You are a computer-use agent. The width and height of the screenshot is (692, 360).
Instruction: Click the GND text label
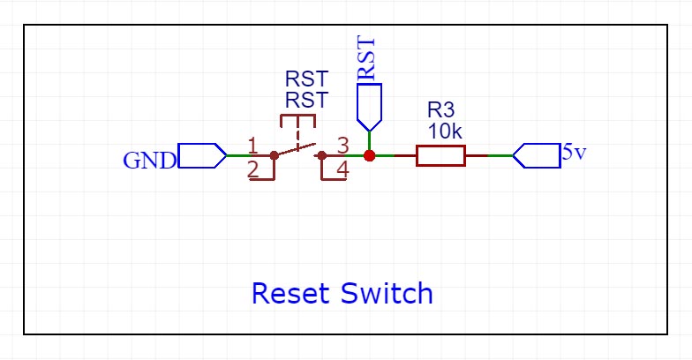click(149, 161)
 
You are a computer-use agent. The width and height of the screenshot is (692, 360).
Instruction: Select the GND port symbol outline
click(202, 155)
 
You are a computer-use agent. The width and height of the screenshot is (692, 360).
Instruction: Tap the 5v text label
click(574, 152)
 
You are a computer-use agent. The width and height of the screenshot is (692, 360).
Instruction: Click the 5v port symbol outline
click(537, 155)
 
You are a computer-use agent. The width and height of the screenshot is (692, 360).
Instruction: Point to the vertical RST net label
click(366, 59)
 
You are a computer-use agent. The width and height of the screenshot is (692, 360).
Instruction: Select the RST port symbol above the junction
click(370, 103)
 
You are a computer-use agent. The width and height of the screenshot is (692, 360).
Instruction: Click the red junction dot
click(370, 155)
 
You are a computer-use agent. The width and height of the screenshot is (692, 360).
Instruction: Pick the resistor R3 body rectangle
click(440, 155)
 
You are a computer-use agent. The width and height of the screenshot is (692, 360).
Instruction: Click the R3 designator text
click(440, 111)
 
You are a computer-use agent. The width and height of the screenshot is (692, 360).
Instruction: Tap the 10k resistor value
click(445, 131)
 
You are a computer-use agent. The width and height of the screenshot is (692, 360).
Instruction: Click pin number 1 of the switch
click(253, 144)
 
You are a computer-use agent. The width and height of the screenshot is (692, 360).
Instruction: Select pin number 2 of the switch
click(253, 168)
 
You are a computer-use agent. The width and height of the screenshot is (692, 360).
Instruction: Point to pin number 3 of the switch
click(343, 144)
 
